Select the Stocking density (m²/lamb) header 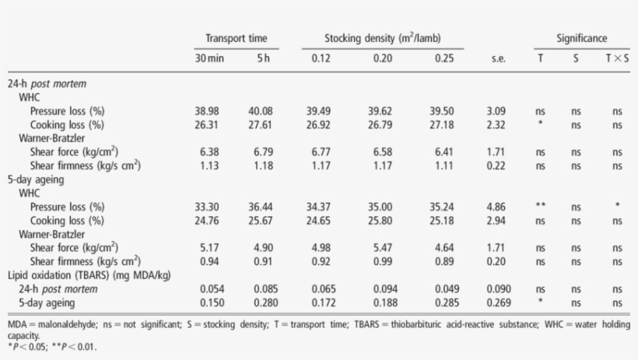click(x=384, y=38)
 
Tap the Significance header click(x=581, y=38)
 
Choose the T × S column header click(x=617, y=58)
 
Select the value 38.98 click(x=207, y=111)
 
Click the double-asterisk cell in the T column click(x=540, y=207)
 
